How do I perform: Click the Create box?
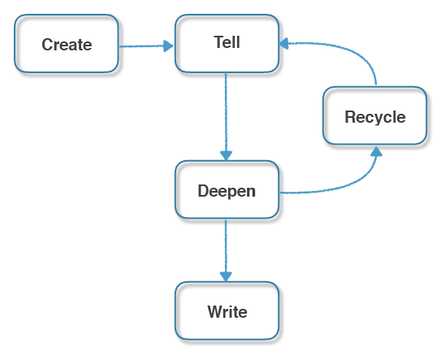pos(67,44)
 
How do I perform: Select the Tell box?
pos(227,44)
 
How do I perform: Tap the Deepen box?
pos(227,189)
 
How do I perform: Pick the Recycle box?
pos(375,115)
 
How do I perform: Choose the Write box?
pos(227,310)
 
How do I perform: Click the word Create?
pos(67,45)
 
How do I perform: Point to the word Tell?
pos(227,42)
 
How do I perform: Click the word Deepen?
pos(227,192)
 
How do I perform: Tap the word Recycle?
pos(375,117)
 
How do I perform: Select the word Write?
pos(227,312)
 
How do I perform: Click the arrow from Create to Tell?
pos(146,46)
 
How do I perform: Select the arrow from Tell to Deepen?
pos(226,117)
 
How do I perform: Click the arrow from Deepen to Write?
pos(226,250)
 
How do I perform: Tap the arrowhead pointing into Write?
pos(226,276)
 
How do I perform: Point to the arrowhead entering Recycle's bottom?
pos(376,151)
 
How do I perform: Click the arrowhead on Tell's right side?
pos(283,43)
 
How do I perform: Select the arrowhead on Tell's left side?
pos(169,46)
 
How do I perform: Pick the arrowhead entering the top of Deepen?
pos(226,156)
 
